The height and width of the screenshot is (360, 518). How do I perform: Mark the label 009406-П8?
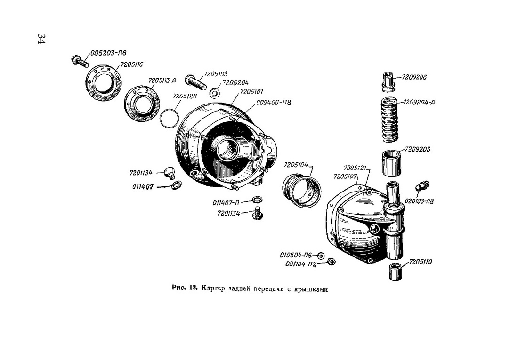(273, 102)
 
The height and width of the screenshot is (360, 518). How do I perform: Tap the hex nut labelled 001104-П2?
(331, 262)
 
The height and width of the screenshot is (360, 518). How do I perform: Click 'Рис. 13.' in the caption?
(184, 288)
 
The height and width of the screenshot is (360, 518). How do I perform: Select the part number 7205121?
(356, 168)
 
